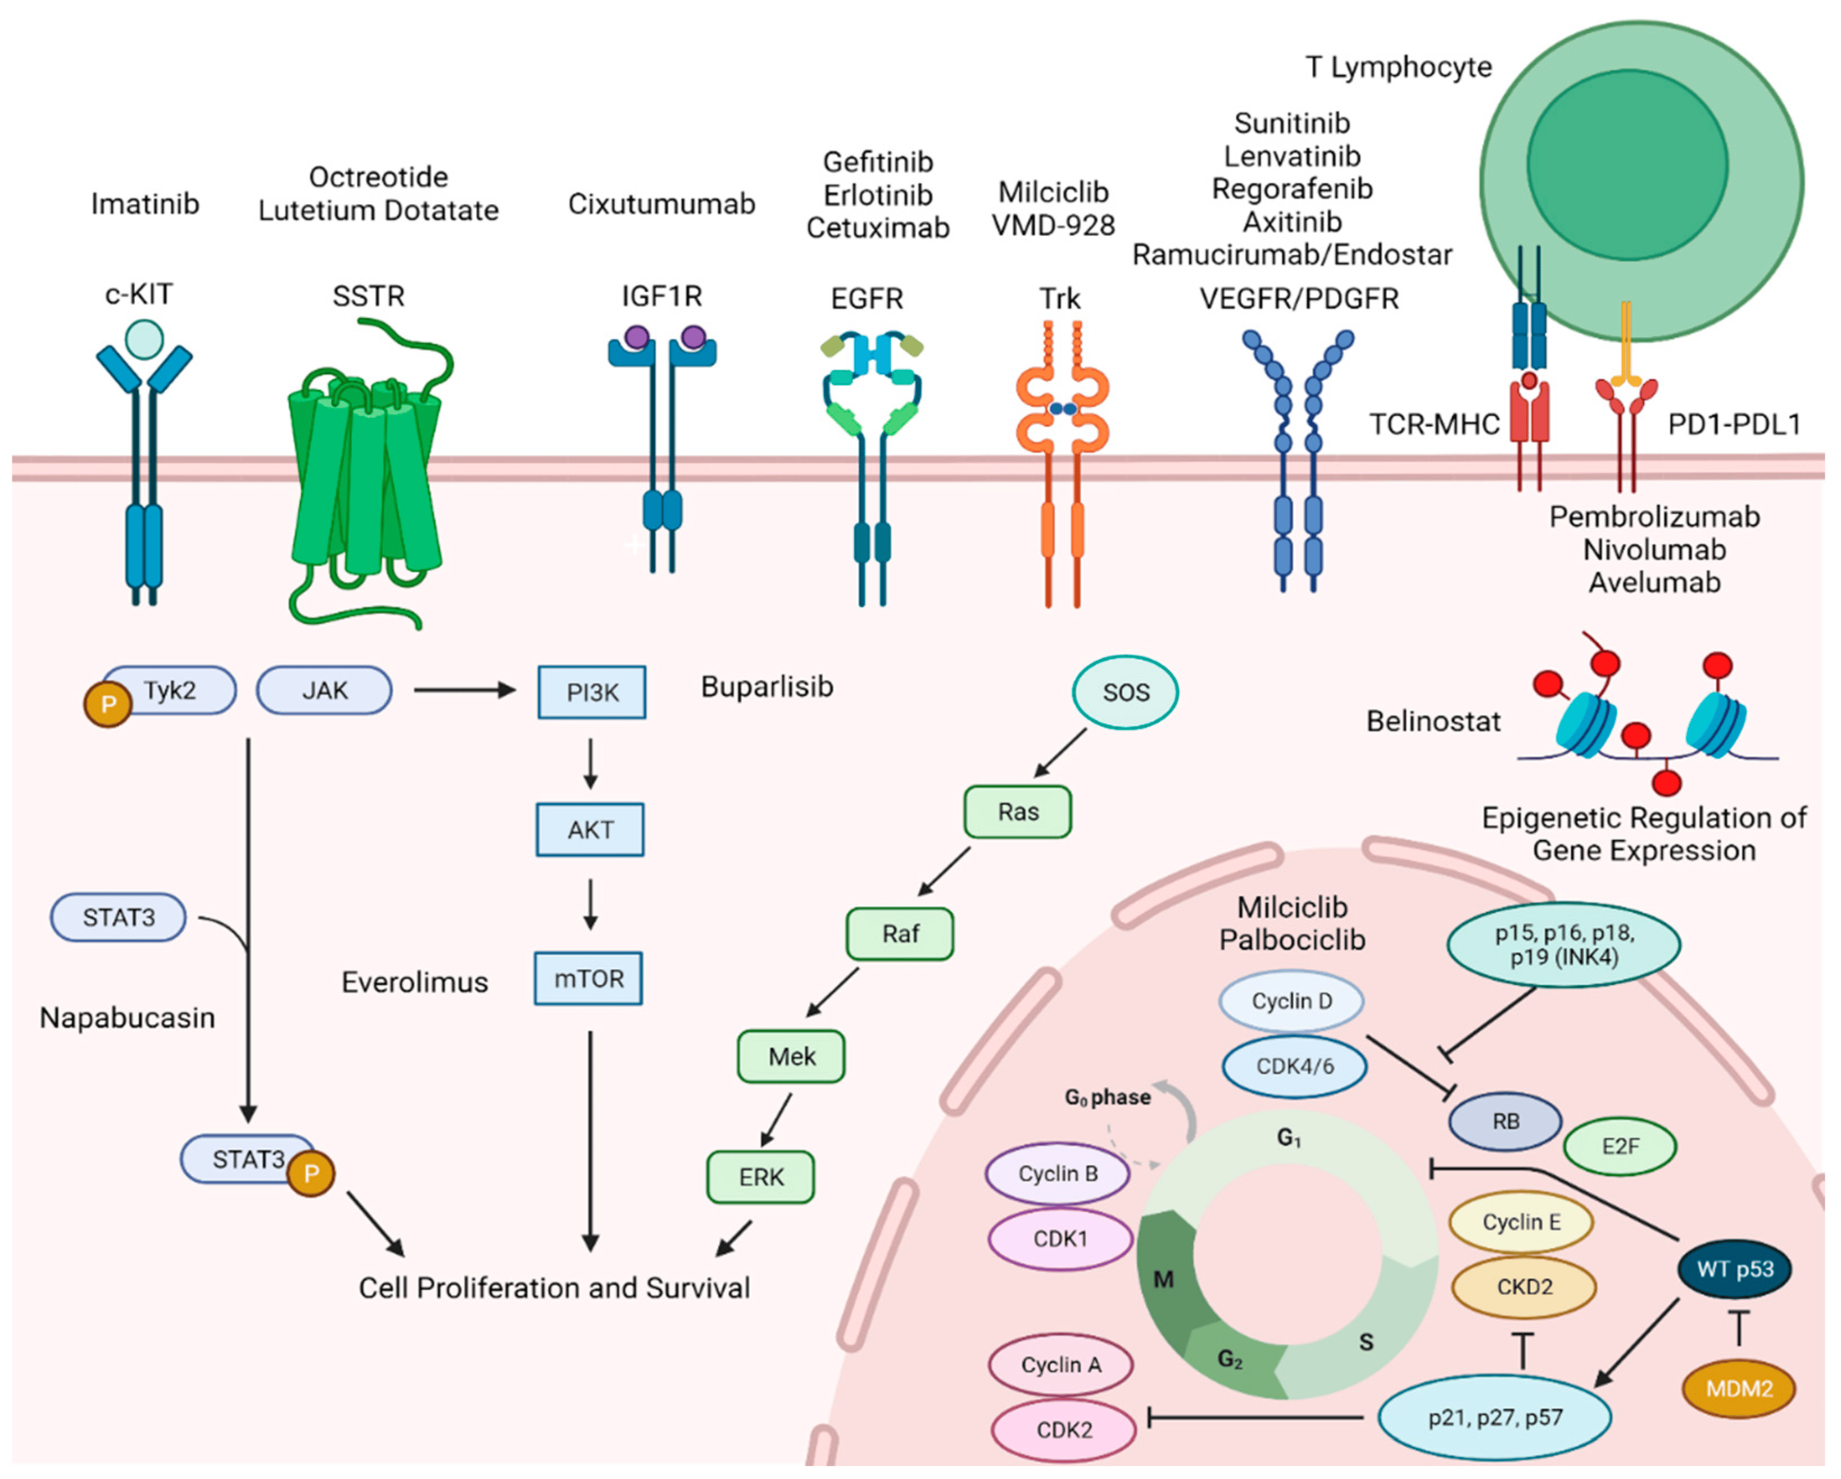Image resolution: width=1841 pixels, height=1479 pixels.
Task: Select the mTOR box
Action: (589, 978)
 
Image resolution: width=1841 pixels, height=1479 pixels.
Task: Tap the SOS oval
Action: (1126, 692)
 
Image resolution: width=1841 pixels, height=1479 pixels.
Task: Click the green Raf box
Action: (900, 933)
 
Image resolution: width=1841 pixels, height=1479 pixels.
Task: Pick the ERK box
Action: (761, 1177)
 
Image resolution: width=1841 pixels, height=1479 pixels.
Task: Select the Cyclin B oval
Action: (1058, 1173)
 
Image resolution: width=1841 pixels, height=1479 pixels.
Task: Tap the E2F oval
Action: (1620, 1146)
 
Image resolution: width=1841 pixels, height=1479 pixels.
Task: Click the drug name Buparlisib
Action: (767, 687)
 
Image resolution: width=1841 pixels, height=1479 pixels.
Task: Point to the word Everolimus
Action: (415, 982)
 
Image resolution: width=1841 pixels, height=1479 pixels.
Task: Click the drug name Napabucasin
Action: (127, 1018)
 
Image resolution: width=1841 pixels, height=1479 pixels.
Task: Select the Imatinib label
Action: (145, 203)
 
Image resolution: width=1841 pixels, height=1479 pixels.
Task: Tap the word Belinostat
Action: (1434, 722)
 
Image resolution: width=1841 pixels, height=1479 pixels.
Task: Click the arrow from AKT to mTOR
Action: (590, 904)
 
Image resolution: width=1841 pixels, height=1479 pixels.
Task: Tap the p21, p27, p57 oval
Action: (1495, 1418)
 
